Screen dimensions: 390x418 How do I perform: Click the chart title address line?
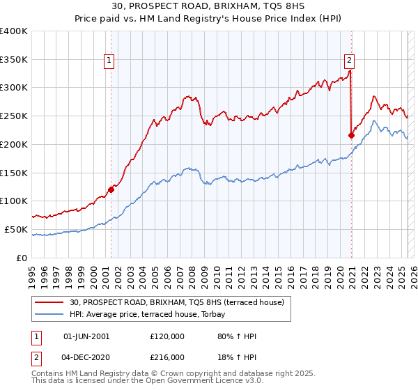point(209,8)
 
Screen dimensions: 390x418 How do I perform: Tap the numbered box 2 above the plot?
point(349,60)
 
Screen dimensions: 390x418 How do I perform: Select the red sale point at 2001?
point(111,189)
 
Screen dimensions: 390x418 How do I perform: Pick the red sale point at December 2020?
point(351,135)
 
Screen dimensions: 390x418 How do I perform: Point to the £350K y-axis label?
point(14,59)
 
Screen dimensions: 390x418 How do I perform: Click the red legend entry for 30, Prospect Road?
point(176,302)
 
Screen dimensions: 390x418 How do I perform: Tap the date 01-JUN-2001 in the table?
point(86,336)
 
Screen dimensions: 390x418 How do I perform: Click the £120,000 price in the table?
point(167,336)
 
